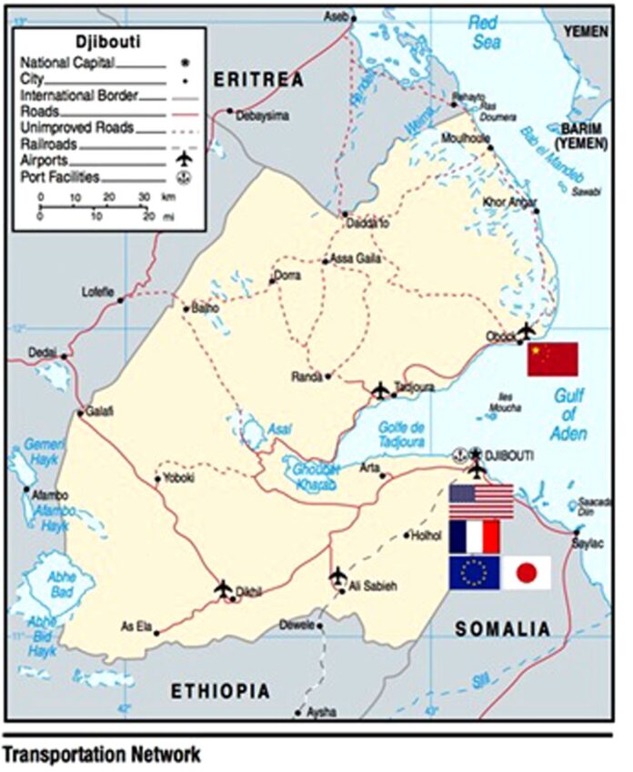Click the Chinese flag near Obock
(x=553, y=359)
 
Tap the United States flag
(x=481, y=501)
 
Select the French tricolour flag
(x=475, y=536)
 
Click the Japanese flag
(x=527, y=573)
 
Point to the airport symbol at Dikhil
(x=224, y=588)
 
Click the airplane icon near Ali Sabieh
(x=338, y=576)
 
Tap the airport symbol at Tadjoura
(x=381, y=390)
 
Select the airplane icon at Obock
(x=526, y=329)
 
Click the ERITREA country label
(x=257, y=81)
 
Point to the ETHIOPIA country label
(x=220, y=692)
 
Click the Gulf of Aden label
(x=569, y=413)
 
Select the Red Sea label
(x=485, y=34)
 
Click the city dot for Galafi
(x=80, y=414)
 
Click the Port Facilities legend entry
(x=59, y=177)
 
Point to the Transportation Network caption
(x=101, y=755)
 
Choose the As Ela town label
(x=136, y=626)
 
